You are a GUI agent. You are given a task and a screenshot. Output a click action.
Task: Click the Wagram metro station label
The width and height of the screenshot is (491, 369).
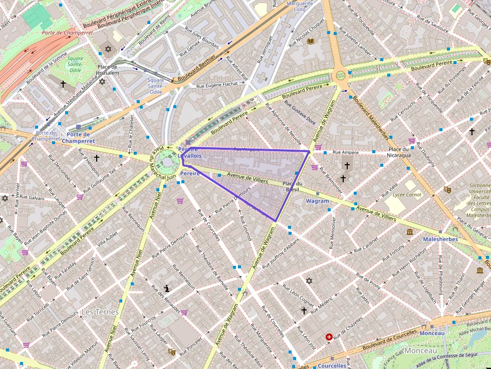click(317, 201)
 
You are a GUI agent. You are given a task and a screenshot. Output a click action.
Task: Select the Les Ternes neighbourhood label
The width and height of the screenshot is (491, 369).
click(100, 312)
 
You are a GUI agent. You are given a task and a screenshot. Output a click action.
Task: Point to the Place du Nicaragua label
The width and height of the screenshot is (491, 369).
click(399, 152)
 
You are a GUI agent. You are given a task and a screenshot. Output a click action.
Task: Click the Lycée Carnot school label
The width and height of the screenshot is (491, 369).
click(407, 195)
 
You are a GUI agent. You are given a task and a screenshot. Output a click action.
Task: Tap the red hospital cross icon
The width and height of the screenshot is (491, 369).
click(329, 337)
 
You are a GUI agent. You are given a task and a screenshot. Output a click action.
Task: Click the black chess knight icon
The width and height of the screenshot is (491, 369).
click(167, 288)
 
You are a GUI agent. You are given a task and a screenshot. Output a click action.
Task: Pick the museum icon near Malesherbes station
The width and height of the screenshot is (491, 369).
click(410, 232)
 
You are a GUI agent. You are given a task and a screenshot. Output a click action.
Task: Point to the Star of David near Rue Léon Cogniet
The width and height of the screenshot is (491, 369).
click(309, 281)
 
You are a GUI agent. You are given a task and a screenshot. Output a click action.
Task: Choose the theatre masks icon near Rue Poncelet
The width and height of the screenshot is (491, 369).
click(171, 352)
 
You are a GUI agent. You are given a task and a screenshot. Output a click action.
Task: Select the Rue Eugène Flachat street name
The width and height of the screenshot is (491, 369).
click(216, 85)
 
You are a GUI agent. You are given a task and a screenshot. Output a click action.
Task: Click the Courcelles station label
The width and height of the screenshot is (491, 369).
click(332, 365)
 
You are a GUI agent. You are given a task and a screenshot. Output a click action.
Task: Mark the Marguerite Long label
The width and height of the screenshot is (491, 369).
click(299, 6)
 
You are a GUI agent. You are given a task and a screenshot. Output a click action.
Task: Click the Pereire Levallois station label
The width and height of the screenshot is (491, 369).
click(189, 152)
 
